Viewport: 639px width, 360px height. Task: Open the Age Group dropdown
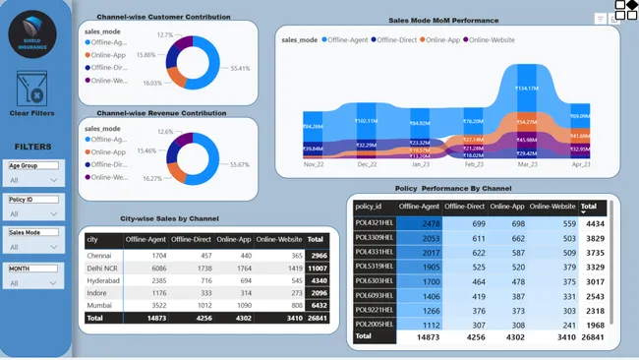click(x=33, y=180)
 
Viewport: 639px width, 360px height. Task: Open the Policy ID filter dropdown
click(x=33, y=213)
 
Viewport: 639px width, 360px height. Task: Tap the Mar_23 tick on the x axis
click(x=527, y=165)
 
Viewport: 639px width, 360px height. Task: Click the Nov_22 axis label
click(x=314, y=165)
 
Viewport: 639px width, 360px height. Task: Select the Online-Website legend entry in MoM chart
click(x=496, y=39)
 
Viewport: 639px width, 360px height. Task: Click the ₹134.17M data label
click(x=527, y=89)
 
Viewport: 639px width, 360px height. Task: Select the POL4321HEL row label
click(x=374, y=224)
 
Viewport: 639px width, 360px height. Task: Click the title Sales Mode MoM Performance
click(x=443, y=20)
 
